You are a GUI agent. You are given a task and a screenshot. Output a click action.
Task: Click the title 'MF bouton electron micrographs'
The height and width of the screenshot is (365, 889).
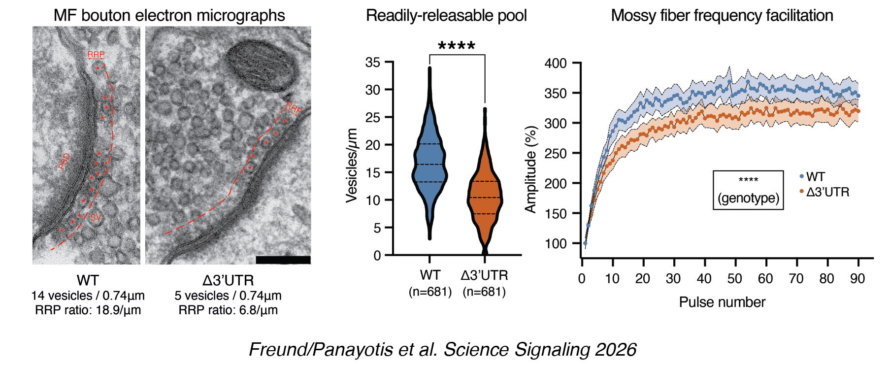(x=169, y=15)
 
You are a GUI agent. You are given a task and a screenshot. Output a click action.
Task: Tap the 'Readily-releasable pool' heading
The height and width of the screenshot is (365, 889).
(x=446, y=15)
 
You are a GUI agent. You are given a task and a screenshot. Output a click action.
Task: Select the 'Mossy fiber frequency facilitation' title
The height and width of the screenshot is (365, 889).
(x=722, y=15)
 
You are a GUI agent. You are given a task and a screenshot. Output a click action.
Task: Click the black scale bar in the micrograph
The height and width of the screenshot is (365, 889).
(x=283, y=260)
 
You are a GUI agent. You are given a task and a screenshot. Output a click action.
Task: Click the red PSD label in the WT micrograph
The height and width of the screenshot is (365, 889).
(x=65, y=162)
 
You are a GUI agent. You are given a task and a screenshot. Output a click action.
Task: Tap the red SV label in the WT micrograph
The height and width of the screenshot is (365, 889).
(x=95, y=217)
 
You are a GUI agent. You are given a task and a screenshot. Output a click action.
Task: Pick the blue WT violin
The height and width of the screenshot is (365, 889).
(x=430, y=163)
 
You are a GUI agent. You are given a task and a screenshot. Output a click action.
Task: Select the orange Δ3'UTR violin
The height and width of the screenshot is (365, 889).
(x=485, y=197)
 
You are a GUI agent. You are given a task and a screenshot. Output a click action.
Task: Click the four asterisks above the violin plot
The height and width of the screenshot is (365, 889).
(x=457, y=46)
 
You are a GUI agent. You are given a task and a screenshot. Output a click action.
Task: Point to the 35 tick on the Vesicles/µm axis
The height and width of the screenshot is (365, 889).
(x=373, y=63)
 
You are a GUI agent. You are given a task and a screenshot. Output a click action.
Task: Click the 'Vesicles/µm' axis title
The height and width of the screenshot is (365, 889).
(x=352, y=166)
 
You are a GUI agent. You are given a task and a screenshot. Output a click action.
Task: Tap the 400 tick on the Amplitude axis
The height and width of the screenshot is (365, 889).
(x=555, y=64)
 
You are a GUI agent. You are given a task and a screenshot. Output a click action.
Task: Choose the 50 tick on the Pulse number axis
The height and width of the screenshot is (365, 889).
(x=734, y=279)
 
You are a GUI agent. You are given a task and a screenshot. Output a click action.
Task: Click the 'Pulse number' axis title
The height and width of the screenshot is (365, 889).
(x=722, y=302)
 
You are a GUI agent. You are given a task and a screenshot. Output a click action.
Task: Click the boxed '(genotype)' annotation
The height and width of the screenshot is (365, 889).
(x=748, y=198)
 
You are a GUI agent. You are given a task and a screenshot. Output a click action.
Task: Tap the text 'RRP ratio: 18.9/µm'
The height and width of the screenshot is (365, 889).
(x=88, y=310)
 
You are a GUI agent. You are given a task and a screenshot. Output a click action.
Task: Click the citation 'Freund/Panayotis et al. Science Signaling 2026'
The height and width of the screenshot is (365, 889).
(x=442, y=349)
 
